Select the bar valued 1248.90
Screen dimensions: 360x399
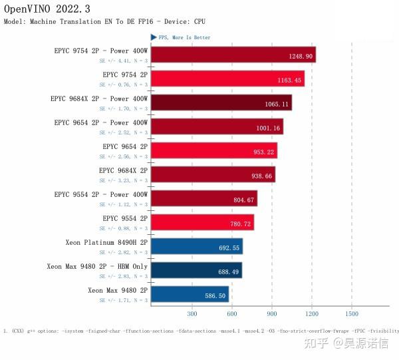[x=233, y=54]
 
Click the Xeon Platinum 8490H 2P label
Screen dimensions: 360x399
[x=106, y=242]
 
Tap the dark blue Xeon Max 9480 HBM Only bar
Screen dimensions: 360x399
[x=196, y=270]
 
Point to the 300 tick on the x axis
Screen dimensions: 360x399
[x=192, y=313]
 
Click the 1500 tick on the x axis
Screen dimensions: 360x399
[x=352, y=313]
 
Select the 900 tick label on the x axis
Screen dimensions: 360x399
[x=272, y=313]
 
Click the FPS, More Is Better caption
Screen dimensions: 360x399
[x=184, y=37]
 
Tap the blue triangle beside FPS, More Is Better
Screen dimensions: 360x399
[x=154, y=37]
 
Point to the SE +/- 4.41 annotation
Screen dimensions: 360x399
[x=123, y=61]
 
